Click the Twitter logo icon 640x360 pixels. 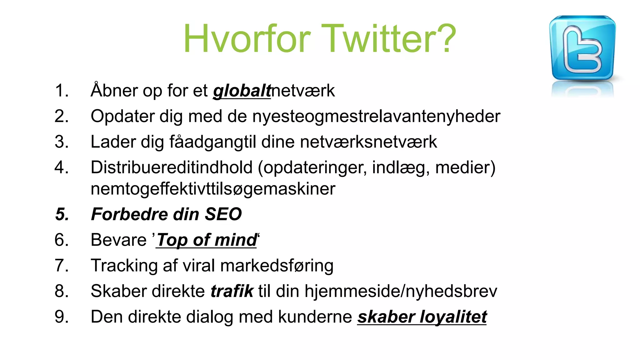tap(582, 48)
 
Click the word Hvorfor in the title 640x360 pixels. tap(247, 39)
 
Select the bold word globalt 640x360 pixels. tap(242, 91)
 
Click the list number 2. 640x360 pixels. tap(61, 116)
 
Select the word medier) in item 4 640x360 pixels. tap(465, 167)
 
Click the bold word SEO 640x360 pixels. tap(223, 214)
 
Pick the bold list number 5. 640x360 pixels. tap(62, 214)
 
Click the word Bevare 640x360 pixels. tap(118, 240)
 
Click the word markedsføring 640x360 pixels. tap(277, 266)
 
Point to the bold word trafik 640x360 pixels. tap(232, 291)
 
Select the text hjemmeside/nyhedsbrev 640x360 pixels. tap(401, 291)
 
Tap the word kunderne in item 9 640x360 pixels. tap(315, 317)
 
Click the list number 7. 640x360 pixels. tap(61, 266)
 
